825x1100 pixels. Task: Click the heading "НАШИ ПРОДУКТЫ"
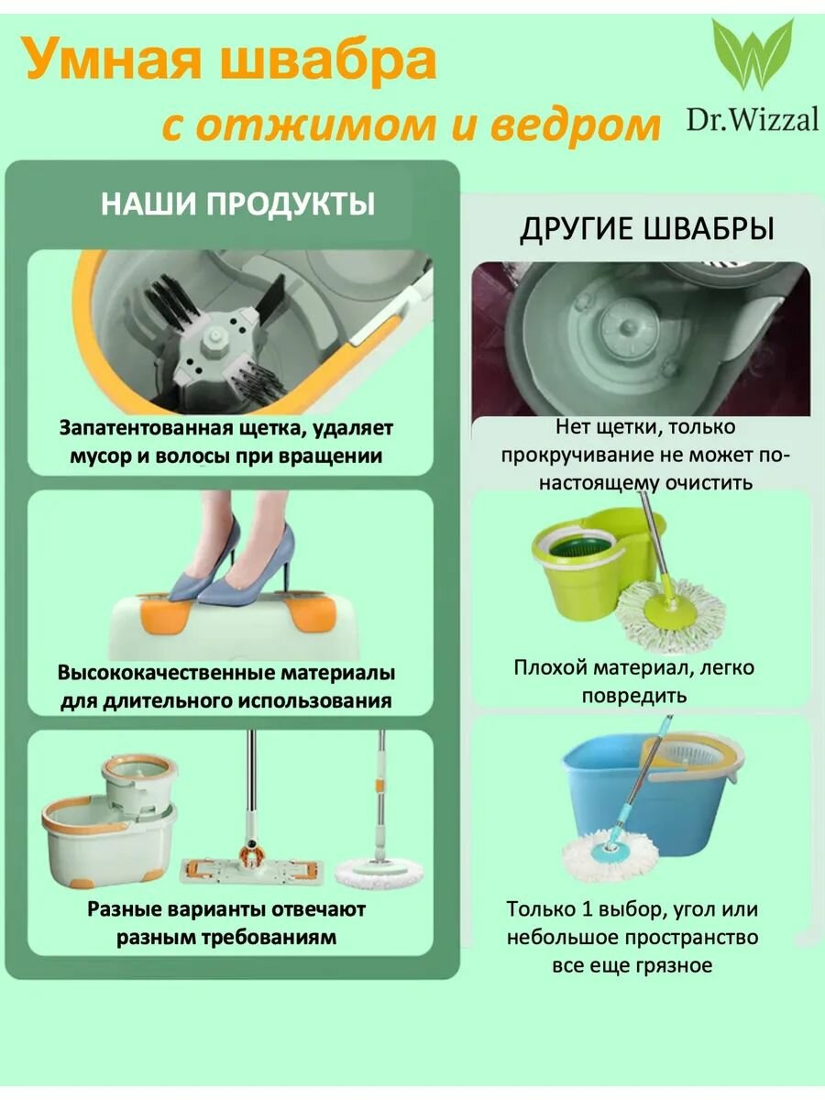pos(237,203)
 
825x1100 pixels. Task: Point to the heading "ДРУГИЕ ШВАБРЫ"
pos(647,229)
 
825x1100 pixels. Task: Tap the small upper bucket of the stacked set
pos(137,779)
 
